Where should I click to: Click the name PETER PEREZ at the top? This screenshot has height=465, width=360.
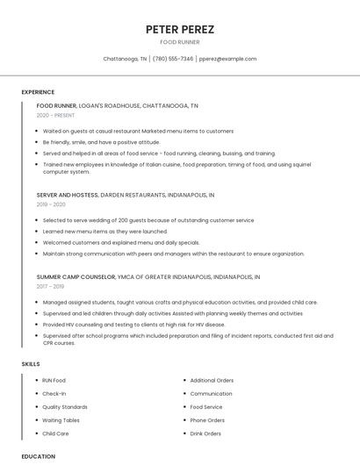pos(179,29)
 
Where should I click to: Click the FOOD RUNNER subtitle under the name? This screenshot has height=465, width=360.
pos(179,42)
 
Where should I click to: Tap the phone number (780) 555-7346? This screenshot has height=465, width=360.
pos(173,59)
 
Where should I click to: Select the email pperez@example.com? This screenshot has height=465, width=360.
pos(227,59)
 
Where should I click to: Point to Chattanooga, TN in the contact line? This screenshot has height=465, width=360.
pos(125,59)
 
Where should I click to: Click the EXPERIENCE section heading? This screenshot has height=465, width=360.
pos(38,92)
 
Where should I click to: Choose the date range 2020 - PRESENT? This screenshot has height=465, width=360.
pos(56,115)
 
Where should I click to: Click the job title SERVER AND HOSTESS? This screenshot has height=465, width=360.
pos(68,195)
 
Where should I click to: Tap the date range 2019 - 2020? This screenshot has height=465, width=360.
pos(51,204)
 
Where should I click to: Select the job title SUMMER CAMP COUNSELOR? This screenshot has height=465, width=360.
pos(76,276)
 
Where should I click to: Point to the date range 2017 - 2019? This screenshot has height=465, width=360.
pos(50,286)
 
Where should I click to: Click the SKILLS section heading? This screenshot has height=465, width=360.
pos(31,363)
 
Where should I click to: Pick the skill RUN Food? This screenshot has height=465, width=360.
pos(54,381)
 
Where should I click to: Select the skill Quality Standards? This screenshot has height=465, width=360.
pos(65,407)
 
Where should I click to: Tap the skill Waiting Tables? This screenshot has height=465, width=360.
pos(61,420)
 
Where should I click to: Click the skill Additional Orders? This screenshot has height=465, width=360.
pos(212,381)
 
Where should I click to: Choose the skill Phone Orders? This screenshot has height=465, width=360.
pos(207,420)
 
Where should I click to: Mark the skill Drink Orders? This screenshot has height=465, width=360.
pos(205,433)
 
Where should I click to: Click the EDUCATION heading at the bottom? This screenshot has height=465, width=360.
pos(39,456)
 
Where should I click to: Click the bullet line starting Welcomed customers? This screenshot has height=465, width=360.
pos(121,242)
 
